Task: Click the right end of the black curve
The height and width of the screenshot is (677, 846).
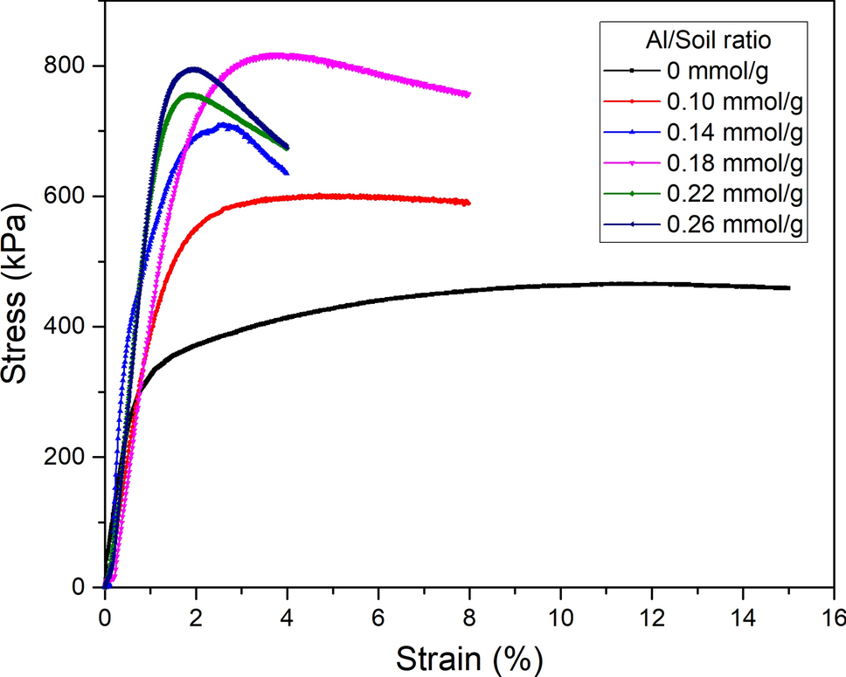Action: (788, 287)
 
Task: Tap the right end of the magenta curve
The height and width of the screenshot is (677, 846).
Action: (468, 94)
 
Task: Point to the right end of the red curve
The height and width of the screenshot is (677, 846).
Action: (468, 203)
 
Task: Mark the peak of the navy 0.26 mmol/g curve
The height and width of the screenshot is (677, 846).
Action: (193, 68)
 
